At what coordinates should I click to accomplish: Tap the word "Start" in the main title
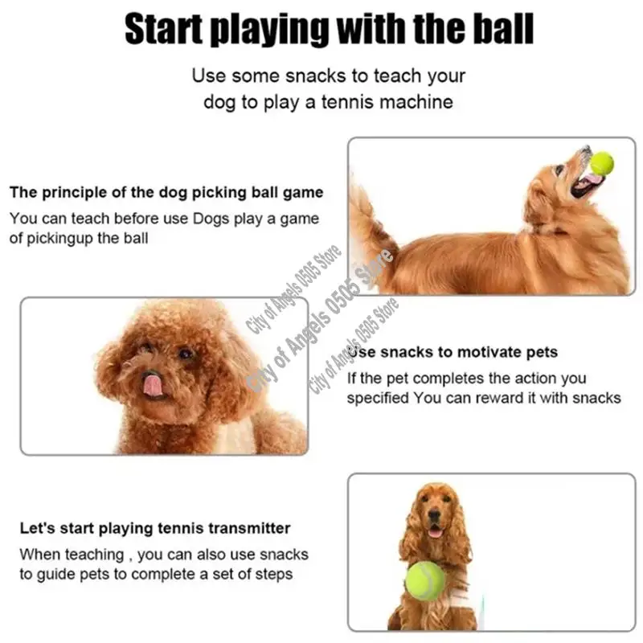point(168,30)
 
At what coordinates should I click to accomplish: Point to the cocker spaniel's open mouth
point(435,531)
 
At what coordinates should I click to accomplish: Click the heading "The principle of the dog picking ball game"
point(166,193)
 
